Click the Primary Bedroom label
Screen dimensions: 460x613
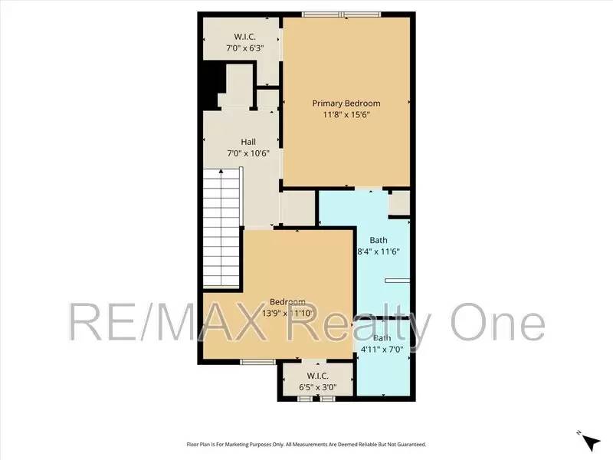click(x=346, y=103)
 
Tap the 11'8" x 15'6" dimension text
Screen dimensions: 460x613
click(x=346, y=115)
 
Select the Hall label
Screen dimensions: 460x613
click(x=248, y=142)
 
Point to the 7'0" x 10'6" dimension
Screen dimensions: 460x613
click(x=248, y=153)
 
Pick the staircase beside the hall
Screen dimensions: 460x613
click(x=222, y=227)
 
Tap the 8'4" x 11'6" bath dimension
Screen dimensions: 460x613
click(x=379, y=251)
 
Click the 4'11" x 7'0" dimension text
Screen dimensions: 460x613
click(x=382, y=350)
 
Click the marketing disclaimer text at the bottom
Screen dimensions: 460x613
click(x=306, y=444)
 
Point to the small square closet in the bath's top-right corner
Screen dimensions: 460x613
click(x=399, y=202)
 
